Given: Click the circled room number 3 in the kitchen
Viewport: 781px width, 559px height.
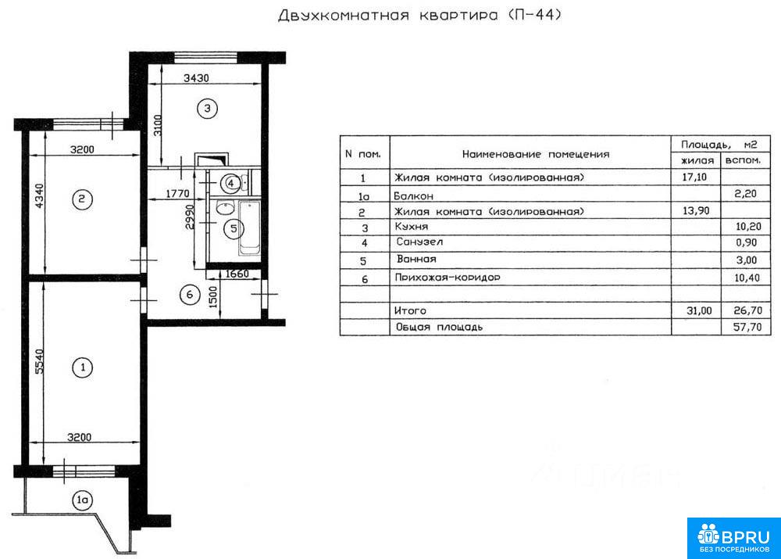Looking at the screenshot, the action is pos(207,108).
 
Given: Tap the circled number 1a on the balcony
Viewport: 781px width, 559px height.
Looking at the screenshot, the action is pos(82,500).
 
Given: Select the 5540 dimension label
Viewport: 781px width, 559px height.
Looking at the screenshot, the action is pos(39,361).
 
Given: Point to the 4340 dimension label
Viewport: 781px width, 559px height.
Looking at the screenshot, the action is pos(39,196).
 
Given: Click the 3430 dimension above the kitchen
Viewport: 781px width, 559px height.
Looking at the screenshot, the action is pos(196,78).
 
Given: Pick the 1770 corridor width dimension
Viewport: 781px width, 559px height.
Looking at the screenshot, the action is pos(177,193).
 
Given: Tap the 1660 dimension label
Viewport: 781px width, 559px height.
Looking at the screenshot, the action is pos(237,274).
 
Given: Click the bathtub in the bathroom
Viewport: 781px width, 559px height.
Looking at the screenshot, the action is pos(249,228).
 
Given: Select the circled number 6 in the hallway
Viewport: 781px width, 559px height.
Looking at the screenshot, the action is pos(189,295).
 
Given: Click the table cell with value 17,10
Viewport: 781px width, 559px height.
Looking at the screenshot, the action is pos(694,177).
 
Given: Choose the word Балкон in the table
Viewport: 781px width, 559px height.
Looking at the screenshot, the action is pos(413,196).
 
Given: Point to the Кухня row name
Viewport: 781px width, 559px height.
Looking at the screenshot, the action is pos(412,227).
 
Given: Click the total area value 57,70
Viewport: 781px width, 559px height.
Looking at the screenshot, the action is pos(747,327).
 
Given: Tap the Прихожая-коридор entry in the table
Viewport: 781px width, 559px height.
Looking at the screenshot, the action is pos(448,278).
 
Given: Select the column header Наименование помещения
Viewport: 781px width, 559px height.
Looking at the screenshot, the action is pos(536,154).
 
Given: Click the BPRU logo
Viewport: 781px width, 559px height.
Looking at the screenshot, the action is pos(733,538).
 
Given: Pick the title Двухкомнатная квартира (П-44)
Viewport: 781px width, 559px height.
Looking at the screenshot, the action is pos(420,15).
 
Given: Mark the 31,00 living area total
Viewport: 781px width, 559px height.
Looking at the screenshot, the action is pos(699,310).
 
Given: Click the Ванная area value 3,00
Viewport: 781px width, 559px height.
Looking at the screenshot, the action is pos(747,260).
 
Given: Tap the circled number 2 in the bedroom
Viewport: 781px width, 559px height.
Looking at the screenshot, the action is pos(82,199).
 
